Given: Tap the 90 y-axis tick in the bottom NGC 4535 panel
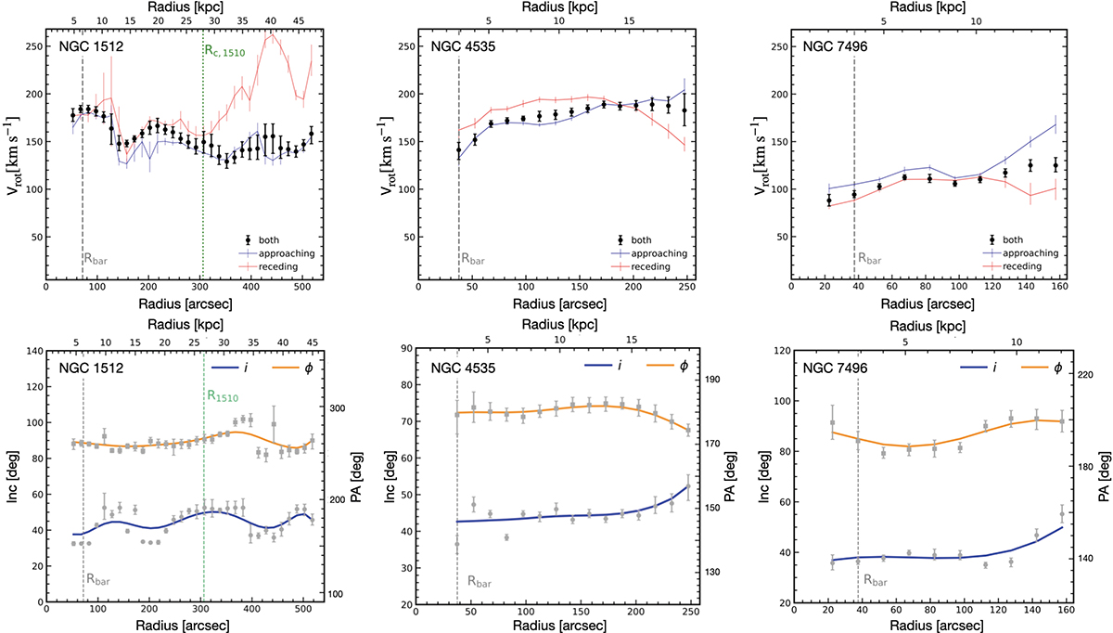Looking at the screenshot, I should pos(402,349).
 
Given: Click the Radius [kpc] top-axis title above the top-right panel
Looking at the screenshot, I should pos(927,9).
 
